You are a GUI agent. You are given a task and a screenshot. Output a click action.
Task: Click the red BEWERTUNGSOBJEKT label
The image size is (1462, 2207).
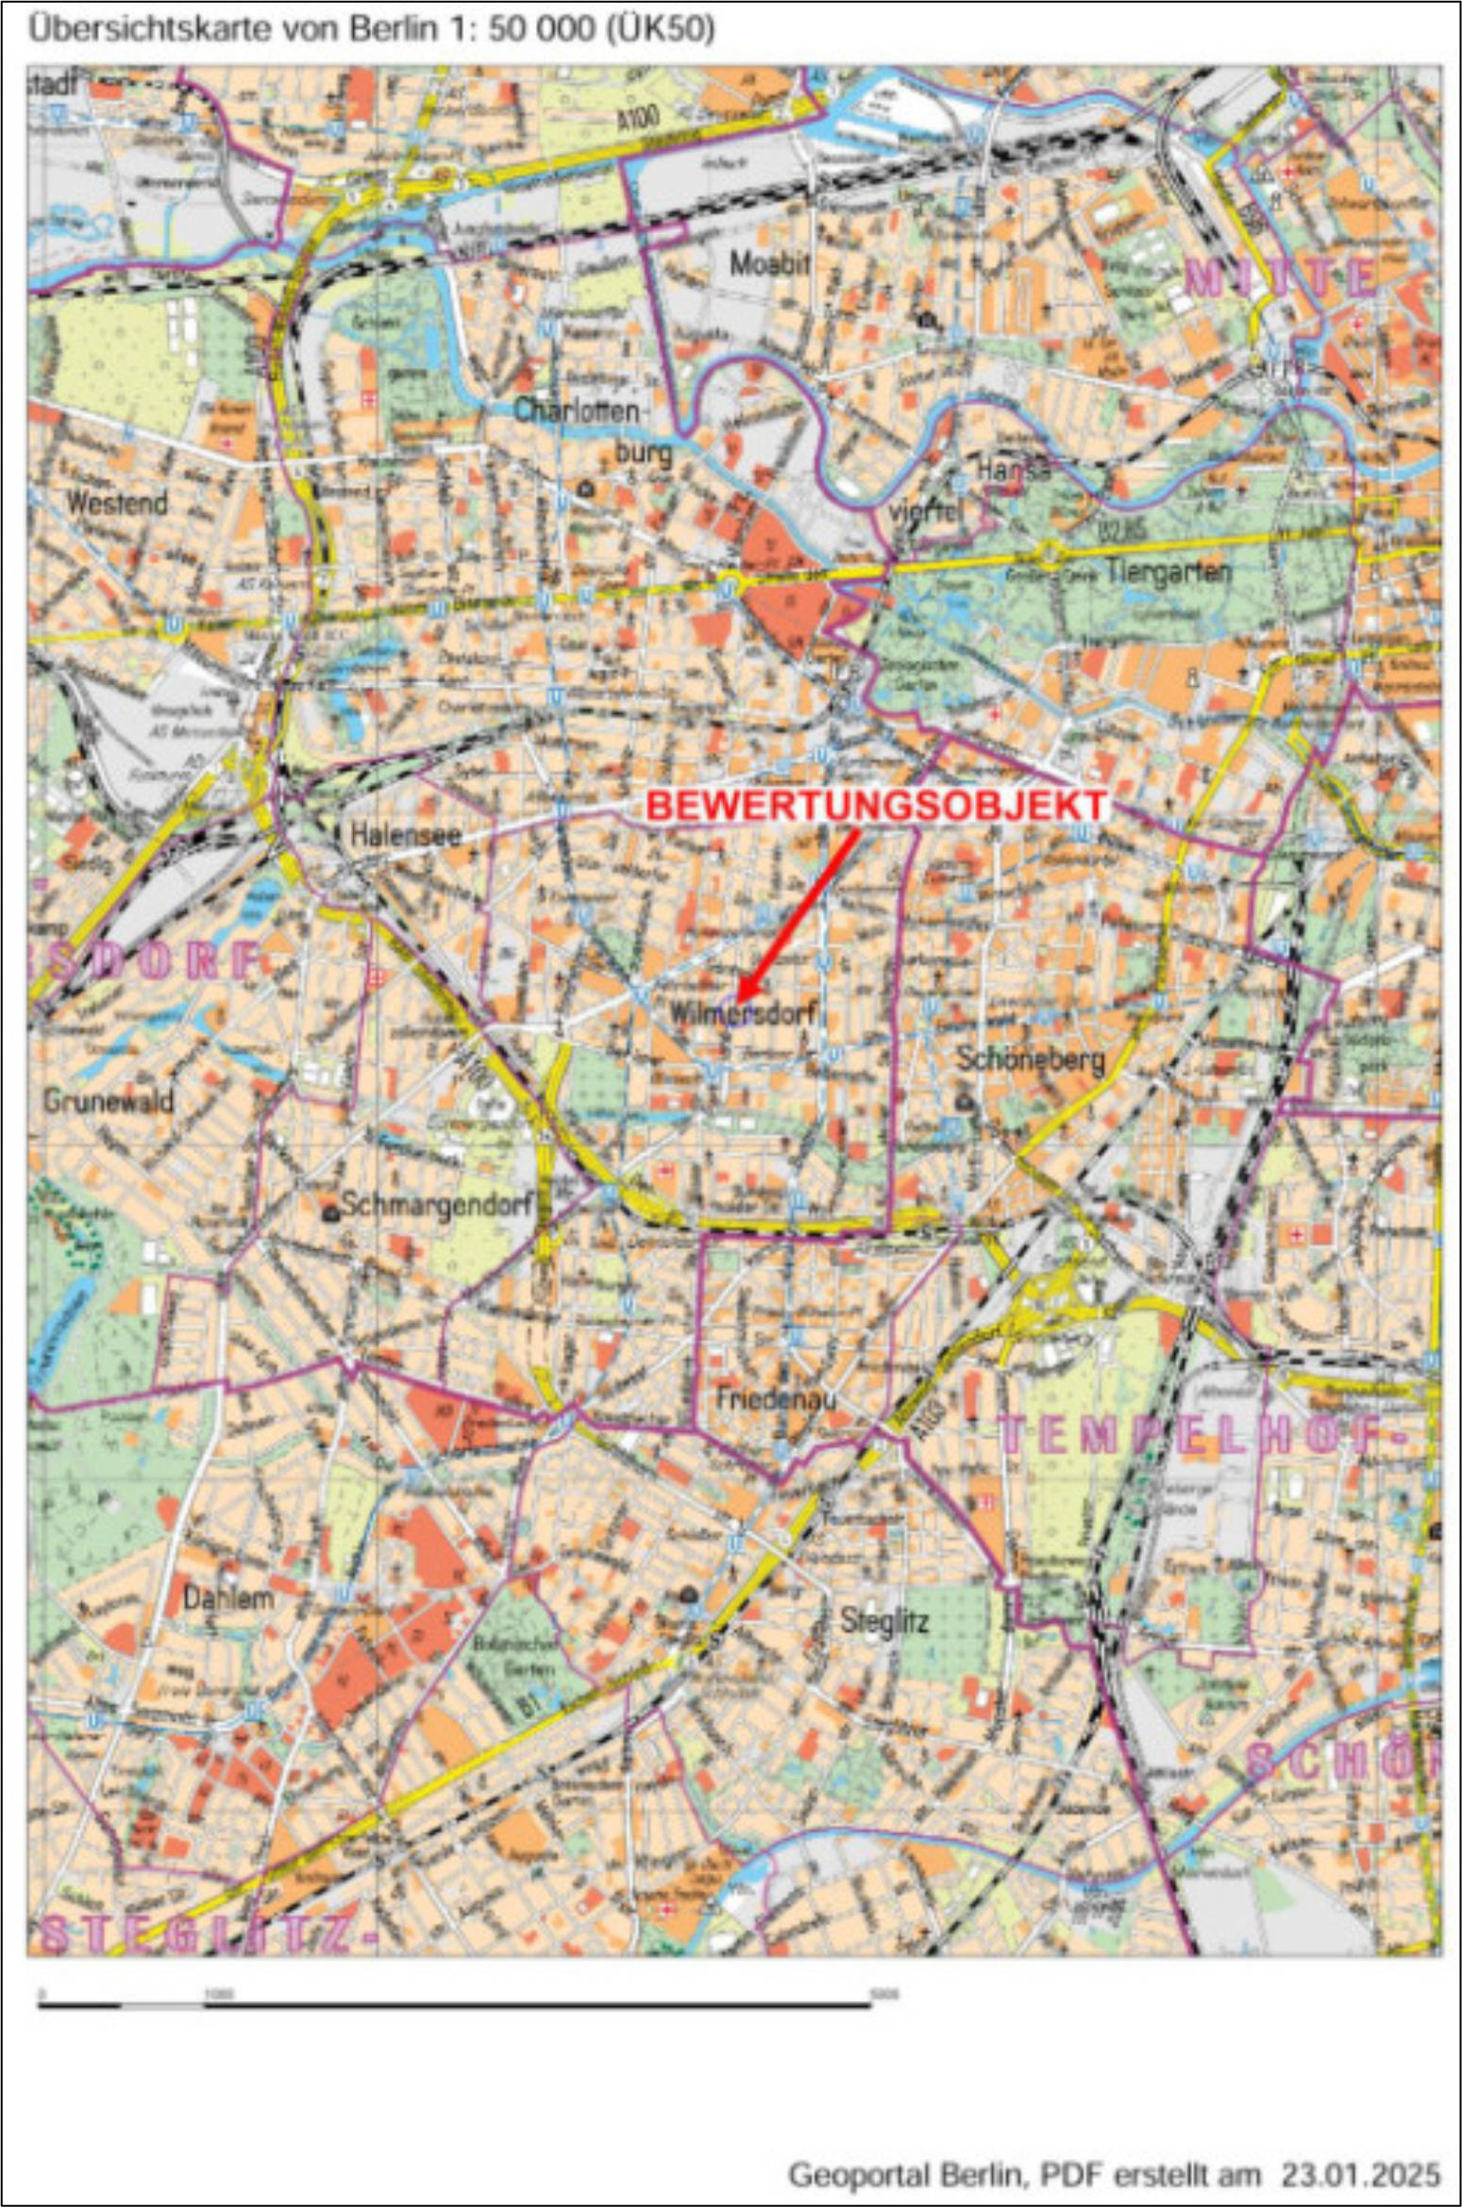tap(877, 806)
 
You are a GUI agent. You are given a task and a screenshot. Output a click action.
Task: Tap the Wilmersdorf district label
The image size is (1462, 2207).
tap(742, 1014)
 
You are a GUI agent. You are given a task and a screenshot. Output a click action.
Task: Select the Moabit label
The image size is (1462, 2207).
tap(770, 263)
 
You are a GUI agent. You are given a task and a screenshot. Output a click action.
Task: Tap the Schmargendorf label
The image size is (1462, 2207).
tap(438, 1205)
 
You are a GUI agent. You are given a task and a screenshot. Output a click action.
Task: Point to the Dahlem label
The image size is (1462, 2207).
tap(228, 1598)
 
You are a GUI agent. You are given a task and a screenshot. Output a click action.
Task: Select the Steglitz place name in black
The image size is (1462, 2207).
tap(884, 1621)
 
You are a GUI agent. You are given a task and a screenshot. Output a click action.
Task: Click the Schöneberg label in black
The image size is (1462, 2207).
tap(1031, 1059)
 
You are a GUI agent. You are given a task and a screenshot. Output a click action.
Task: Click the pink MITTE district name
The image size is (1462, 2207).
tap(1280, 277)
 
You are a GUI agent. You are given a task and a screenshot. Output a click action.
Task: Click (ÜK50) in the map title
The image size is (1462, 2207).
tap(657, 29)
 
